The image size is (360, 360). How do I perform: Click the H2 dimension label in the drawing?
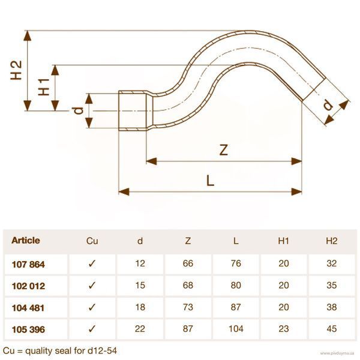[x=16, y=70]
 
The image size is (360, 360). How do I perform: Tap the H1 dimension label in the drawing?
[x=44, y=87]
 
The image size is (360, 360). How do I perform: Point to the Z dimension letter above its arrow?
[x=224, y=150]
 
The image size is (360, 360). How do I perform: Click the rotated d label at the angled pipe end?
[x=328, y=105]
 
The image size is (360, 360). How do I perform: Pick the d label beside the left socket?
[x=78, y=110]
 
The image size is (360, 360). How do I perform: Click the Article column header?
[x=26, y=241]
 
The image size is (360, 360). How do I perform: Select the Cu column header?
[x=92, y=241]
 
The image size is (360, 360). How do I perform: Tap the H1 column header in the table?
[x=284, y=241]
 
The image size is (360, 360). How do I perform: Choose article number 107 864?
[x=28, y=264]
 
